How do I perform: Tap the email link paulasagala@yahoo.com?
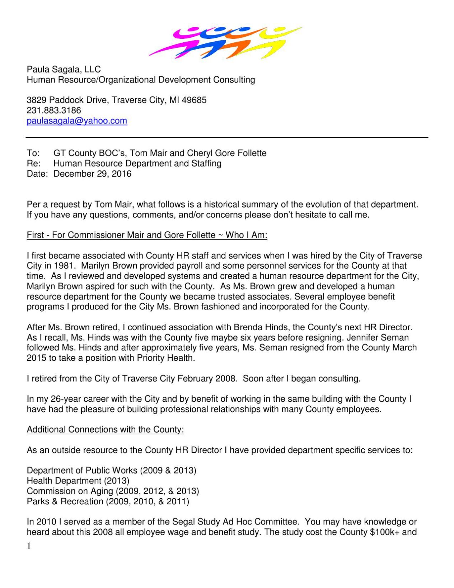pos(77,121)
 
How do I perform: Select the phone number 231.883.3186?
pos(54,111)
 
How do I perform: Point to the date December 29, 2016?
pos(92,174)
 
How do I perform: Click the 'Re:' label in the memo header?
pos(33,164)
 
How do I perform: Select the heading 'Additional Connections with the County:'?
pos(105,430)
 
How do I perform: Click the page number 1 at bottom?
pos(29,546)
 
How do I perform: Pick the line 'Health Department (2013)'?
pos(78,481)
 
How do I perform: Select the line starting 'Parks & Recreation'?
pos(108,501)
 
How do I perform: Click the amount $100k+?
pos(384,532)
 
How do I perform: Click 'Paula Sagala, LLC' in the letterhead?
pos(64,70)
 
